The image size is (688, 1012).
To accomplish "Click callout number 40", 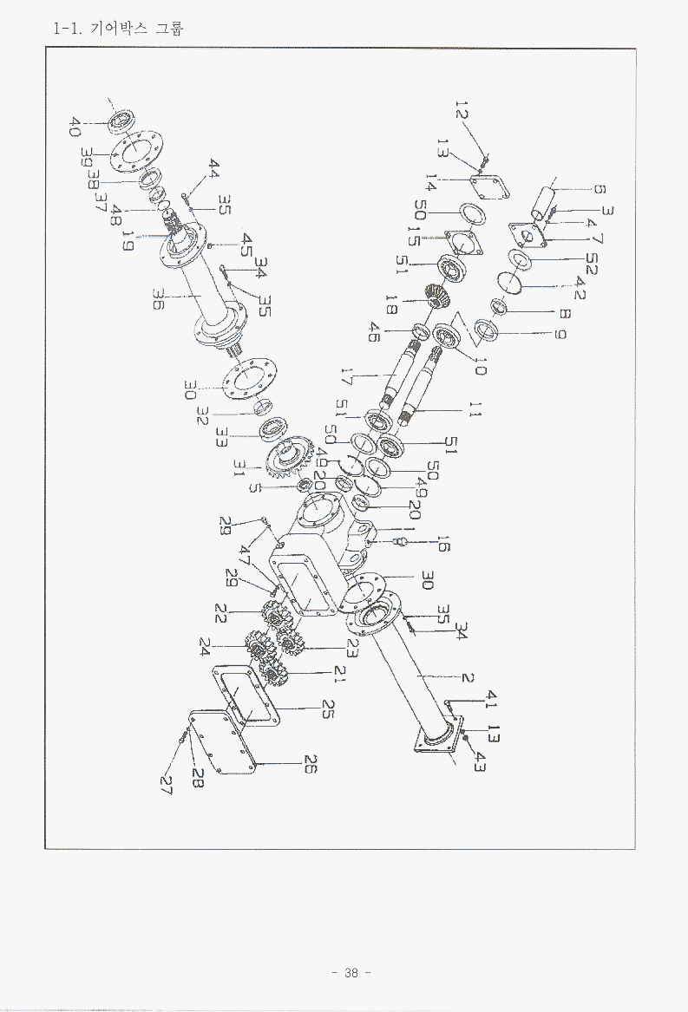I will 75,127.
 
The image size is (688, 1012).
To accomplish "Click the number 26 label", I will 310,764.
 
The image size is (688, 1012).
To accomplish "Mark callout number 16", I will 442,544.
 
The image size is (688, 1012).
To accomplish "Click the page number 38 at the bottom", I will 351,972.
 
